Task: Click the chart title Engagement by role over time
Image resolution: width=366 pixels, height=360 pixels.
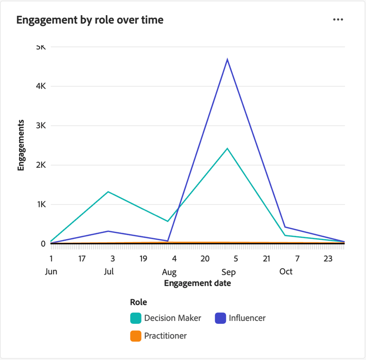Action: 90,20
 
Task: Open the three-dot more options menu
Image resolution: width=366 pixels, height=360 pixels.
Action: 338,20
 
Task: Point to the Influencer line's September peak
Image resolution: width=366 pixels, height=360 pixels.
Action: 227,59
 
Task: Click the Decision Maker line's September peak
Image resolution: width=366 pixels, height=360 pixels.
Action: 227,148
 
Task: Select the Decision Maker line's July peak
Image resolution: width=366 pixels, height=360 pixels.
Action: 108,192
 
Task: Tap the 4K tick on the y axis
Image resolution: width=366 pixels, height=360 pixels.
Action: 41,86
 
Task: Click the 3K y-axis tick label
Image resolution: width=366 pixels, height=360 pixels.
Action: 41,125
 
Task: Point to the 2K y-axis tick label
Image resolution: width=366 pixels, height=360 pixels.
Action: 41,165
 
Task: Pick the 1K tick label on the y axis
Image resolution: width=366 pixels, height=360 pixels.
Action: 41,204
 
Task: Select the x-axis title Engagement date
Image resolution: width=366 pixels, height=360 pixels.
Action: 197,283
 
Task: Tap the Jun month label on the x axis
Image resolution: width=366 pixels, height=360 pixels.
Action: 51,272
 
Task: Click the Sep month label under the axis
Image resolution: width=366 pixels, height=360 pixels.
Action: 228,272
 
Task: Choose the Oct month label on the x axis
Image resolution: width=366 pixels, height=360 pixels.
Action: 285,272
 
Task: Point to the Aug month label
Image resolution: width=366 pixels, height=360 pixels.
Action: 169,272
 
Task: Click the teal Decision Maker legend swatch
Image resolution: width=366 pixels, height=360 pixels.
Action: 136,318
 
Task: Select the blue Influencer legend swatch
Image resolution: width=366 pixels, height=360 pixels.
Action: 221,318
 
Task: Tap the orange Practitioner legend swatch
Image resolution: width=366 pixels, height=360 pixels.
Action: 136,336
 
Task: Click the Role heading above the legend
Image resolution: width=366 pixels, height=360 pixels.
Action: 139,302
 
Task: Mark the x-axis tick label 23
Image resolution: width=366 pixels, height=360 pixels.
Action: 328,259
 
